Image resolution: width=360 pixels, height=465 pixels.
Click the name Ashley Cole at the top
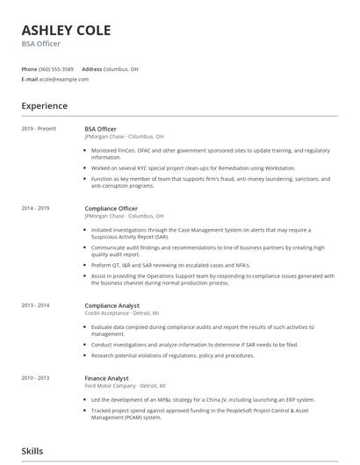66,31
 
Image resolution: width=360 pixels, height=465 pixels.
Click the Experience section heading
44,106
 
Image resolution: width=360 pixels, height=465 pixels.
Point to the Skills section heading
32,452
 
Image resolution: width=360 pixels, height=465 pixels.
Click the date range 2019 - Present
39,129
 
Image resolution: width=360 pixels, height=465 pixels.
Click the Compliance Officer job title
111,209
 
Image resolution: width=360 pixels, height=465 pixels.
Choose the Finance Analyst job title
105,377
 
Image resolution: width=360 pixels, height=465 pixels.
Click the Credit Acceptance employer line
121,312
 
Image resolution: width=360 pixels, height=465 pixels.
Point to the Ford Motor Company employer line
125,385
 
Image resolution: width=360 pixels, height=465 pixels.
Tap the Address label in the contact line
91,68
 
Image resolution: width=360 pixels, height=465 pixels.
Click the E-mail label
29,79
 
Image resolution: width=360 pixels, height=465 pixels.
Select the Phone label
30,68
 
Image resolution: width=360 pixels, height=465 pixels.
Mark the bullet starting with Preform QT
170,265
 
